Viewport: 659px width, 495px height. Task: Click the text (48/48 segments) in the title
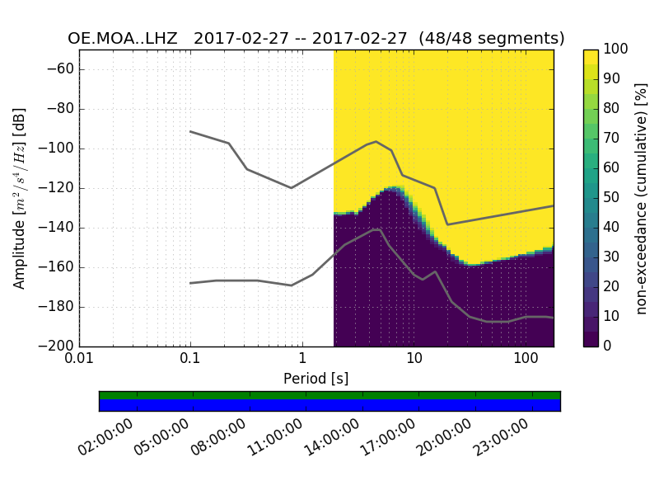pos(491,39)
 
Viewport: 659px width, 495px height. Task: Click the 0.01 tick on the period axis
pos(79,359)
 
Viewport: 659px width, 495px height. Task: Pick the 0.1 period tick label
pos(190,359)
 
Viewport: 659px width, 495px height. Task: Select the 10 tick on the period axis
pos(414,359)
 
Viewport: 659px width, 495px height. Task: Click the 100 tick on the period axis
pos(526,359)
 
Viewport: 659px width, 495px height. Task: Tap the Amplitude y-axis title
pos(20,198)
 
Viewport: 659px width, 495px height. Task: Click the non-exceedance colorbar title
pos(642,198)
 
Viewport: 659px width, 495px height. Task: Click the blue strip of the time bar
pos(329,405)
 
